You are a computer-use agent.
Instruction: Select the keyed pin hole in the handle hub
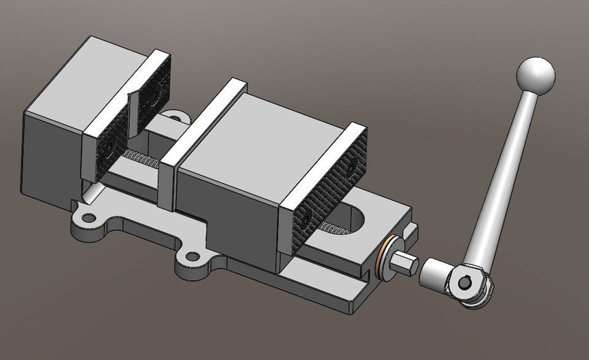(465, 282)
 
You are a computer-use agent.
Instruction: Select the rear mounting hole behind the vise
(175, 116)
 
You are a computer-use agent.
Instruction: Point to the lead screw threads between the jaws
(142, 159)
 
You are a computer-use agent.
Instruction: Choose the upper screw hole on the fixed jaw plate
(153, 94)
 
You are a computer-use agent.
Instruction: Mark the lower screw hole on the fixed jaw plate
(109, 145)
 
